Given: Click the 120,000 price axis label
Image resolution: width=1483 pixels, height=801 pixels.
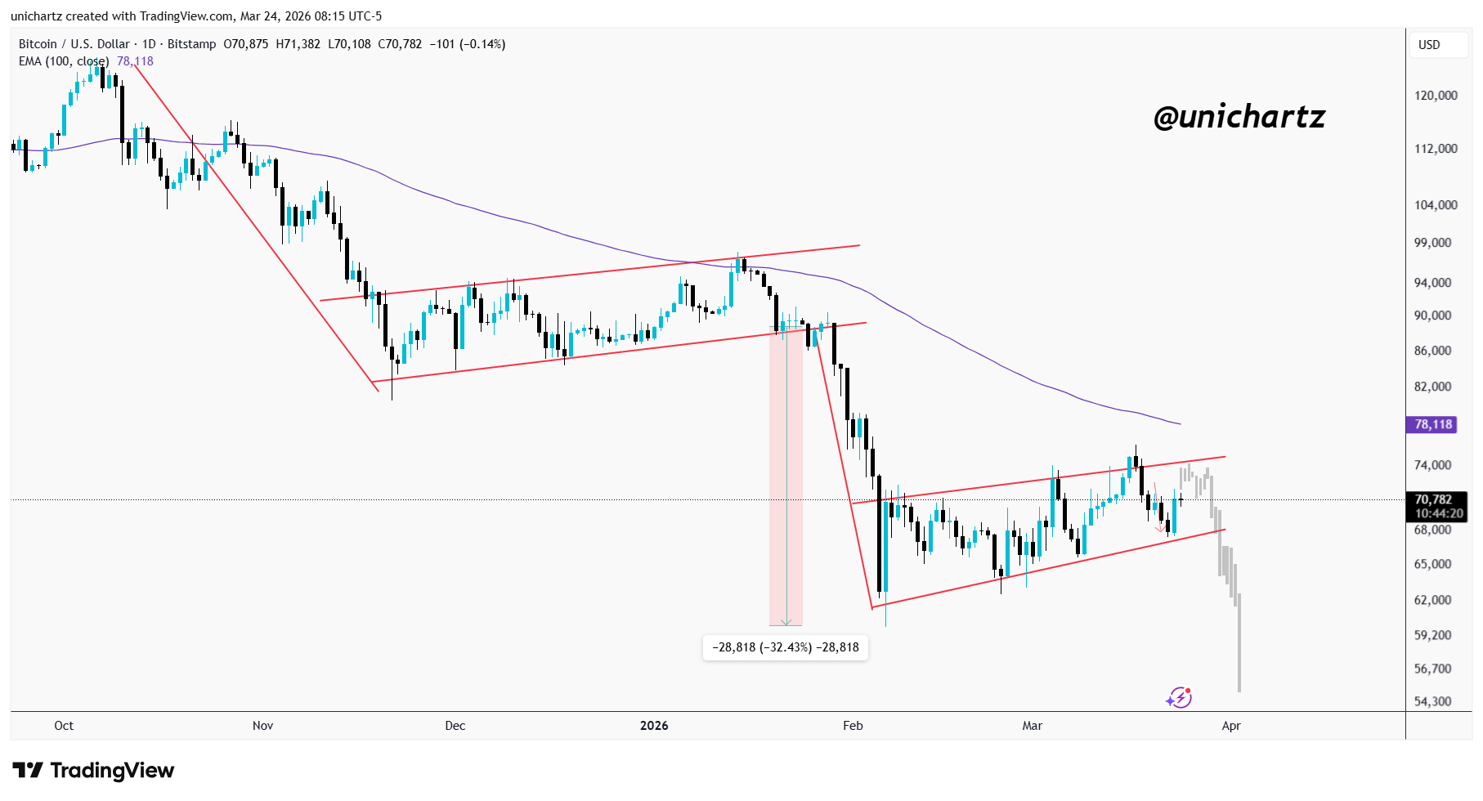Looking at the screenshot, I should (x=1436, y=96).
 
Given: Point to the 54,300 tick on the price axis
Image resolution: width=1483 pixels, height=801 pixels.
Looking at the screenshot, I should (x=1432, y=701).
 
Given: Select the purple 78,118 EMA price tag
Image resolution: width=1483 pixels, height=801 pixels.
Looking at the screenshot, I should (x=1433, y=424).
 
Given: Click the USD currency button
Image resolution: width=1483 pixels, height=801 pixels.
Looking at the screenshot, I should (x=1429, y=45).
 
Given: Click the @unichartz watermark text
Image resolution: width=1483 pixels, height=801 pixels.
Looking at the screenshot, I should (x=1239, y=118).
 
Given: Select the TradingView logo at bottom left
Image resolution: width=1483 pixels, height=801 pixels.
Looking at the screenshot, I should (x=93, y=770).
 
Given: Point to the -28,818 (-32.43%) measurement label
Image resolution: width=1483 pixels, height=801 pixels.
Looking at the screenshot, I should (x=785, y=647).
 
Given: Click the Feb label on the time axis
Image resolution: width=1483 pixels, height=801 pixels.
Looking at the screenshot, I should (x=853, y=726).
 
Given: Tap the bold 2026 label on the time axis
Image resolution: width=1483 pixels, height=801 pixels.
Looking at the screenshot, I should (x=654, y=726).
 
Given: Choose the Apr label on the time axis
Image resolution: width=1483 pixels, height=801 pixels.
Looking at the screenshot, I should (x=1231, y=726).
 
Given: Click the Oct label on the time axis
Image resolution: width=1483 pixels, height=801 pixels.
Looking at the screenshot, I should (x=64, y=726).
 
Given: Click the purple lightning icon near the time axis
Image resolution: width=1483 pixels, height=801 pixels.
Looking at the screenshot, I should (x=1178, y=697).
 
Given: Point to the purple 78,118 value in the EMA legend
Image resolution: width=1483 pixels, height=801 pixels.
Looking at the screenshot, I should (x=135, y=61).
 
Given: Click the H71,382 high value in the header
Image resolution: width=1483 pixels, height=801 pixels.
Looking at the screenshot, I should (x=298, y=44).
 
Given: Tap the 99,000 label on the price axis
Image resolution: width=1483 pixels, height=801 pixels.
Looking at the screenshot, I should (x=1432, y=243).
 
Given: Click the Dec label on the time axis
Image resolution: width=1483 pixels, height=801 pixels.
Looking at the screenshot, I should (x=455, y=726).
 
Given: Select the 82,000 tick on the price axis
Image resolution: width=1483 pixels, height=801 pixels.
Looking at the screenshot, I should (x=1432, y=387).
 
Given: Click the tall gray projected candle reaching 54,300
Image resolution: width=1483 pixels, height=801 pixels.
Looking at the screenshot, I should (x=1239, y=646).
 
